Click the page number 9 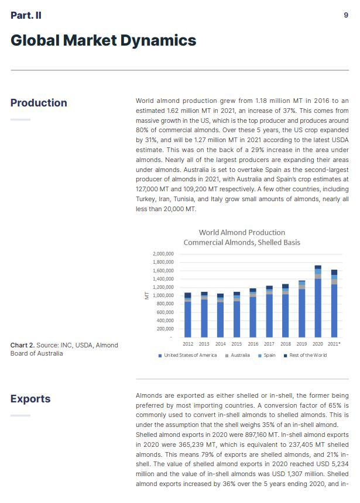(346, 15)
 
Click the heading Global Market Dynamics (103, 40)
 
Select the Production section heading (39, 103)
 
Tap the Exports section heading (30, 399)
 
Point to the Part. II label (26, 15)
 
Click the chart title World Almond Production (242, 232)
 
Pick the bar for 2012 (188, 315)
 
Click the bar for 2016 (253, 313)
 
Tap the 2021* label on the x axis (335, 344)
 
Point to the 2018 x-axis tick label (286, 344)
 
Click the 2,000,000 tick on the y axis (163, 254)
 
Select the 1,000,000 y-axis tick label (163, 295)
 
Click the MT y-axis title (146, 296)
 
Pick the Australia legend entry (237, 355)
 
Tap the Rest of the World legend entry (305, 355)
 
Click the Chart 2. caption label (23, 345)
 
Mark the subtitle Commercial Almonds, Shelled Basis (242, 242)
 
